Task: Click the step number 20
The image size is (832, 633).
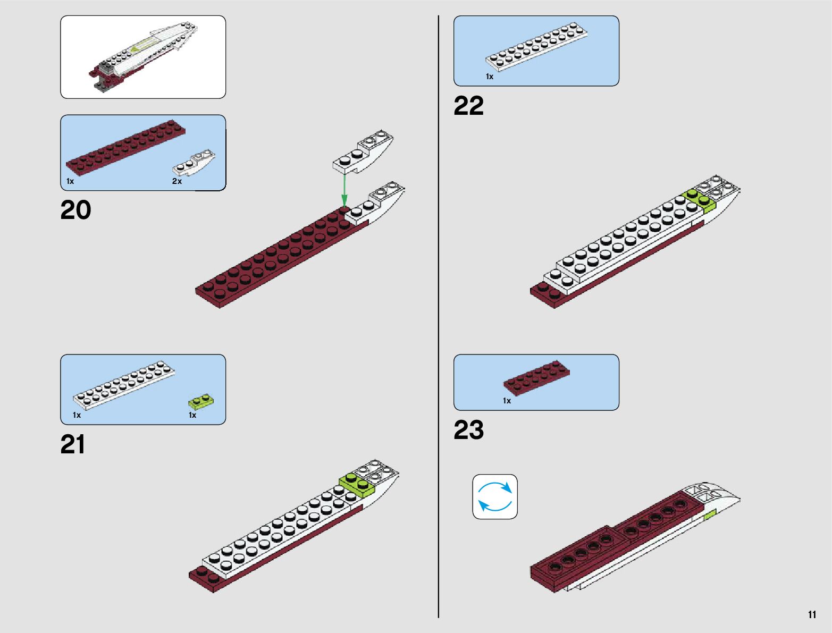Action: [75, 210]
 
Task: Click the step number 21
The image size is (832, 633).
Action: [73, 445]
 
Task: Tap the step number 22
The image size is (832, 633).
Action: [468, 106]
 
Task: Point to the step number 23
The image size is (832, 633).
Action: [468, 430]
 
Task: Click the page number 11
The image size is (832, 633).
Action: [812, 615]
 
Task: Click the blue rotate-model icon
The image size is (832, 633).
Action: [495, 496]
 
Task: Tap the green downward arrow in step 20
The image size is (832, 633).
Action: [344, 189]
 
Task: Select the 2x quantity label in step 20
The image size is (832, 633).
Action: [177, 181]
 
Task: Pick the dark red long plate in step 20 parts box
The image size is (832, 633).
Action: [125, 146]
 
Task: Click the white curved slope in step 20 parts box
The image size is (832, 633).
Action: [194, 163]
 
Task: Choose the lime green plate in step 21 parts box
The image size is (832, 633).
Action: [202, 400]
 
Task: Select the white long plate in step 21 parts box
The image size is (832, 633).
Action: [124, 383]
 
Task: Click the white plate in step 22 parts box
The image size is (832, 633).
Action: [536, 46]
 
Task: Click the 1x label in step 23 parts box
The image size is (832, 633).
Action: [507, 401]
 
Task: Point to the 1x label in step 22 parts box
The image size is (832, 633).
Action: [490, 77]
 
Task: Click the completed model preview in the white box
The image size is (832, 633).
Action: [142, 57]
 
